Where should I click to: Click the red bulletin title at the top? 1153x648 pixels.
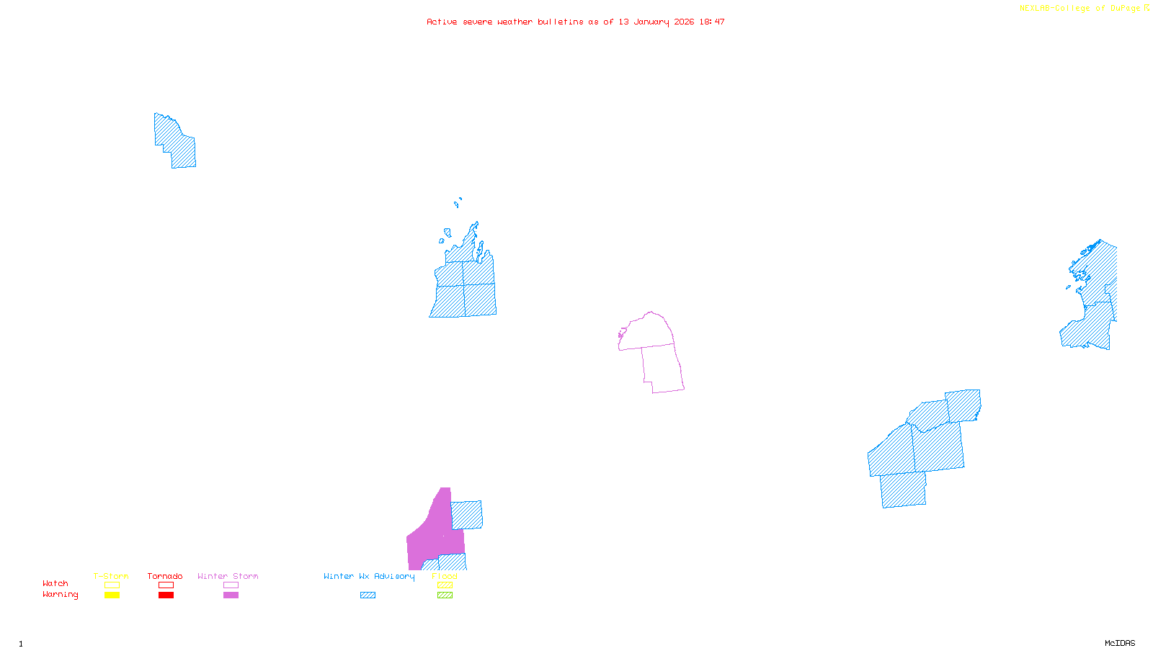(x=575, y=22)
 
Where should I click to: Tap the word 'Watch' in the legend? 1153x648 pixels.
(x=55, y=583)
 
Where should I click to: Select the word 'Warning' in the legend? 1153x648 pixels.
(x=60, y=595)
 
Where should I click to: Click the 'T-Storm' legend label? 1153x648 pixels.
(x=111, y=576)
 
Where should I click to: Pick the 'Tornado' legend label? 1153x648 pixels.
(x=165, y=576)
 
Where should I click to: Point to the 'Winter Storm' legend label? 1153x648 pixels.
(x=228, y=576)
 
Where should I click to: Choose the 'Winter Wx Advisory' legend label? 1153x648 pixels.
(x=369, y=576)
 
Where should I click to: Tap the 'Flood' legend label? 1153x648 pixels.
(x=445, y=576)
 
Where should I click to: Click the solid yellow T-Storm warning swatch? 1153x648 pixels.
(x=112, y=595)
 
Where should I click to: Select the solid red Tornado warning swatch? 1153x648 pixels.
(x=166, y=595)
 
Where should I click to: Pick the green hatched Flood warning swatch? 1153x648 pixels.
(x=445, y=595)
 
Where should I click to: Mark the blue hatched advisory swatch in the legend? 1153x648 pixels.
(x=368, y=595)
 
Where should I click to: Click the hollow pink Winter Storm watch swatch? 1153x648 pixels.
(x=231, y=585)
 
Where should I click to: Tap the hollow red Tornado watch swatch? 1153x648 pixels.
(x=166, y=585)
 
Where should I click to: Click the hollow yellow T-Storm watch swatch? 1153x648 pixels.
(x=112, y=585)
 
